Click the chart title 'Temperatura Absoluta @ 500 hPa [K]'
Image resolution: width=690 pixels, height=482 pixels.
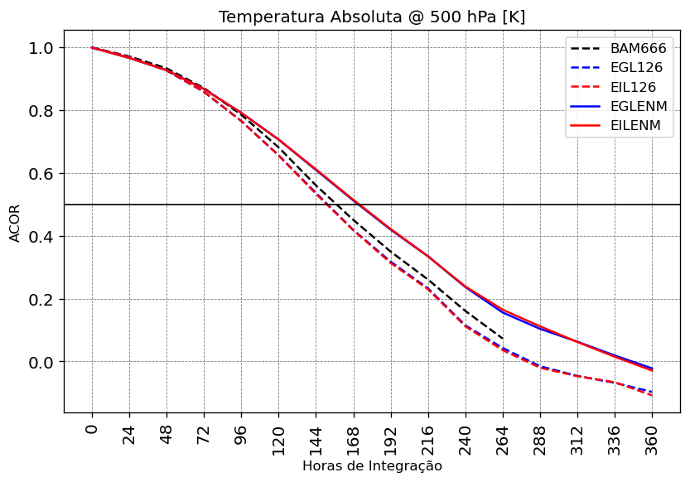coord(371,17)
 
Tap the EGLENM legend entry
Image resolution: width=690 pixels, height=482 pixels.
coord(641,107)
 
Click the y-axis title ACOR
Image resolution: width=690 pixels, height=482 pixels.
coord(15,222)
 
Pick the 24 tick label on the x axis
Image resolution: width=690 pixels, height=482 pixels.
coord(129,434)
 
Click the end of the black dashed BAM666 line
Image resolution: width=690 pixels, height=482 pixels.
coord(503,338)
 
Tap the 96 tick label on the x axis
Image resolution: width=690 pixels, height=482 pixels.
coord(241,434)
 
